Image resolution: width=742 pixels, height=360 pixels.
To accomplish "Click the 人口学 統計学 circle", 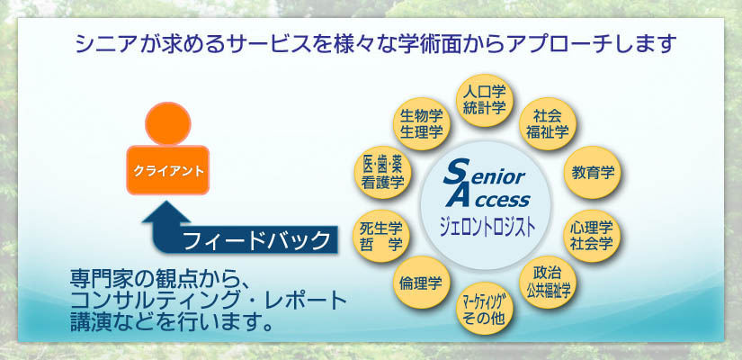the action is pyautogui.click(x=483, y=101).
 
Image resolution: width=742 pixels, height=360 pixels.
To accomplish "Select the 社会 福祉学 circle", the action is pyautogui.click(x=548, y=124).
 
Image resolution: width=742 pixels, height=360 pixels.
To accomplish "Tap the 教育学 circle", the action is pyautogui.click(x=593, y=173).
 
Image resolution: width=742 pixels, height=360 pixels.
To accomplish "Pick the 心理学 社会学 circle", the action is pyautogui.click(x=593, y=236).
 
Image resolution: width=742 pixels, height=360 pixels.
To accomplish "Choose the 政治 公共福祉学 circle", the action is pyautogui.click(x=548, y=283).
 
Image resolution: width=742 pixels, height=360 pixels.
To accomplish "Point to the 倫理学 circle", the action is pyautogui.click(x=420, y=283).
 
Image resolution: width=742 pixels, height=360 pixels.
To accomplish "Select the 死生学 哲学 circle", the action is pyautogui.click(x=381, y=236).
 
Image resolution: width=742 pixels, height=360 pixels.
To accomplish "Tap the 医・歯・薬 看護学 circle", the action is pyautogui.click(x=382, y=173).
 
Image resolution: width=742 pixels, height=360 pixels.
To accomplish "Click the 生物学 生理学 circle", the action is pyautogui.click(x=421, y=124).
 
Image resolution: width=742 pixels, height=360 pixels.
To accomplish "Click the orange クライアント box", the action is pyautogui.click(x=168, y=170).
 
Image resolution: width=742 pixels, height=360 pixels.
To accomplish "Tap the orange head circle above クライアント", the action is pyautogui.click(x=168, y=123).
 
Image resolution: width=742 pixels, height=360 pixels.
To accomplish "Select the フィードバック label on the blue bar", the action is pyautogui.click(x=256, y=240).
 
